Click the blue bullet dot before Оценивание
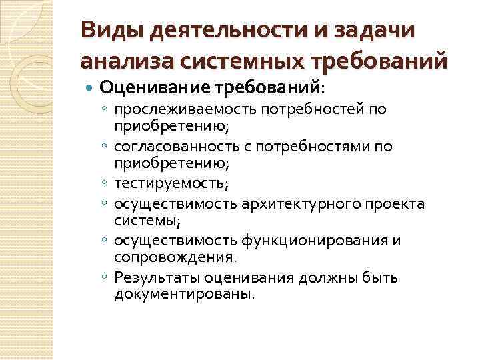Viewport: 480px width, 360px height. (90, 87)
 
